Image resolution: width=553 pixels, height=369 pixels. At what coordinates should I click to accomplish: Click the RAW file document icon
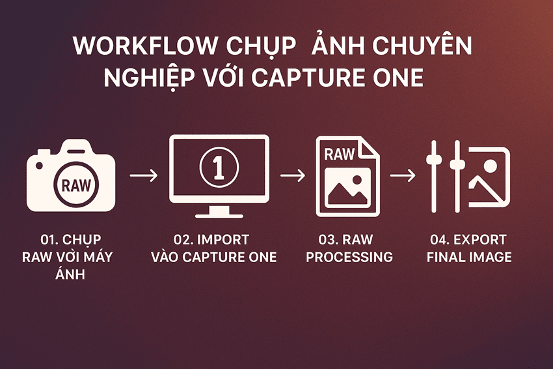pos(347,176)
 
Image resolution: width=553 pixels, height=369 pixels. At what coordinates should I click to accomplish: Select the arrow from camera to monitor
pos(144,176)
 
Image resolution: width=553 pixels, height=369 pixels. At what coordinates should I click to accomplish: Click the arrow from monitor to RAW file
pos(292,176)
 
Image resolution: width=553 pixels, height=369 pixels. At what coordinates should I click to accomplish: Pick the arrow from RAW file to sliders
pos(403,176)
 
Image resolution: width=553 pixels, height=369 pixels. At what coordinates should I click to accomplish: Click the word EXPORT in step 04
pos(487,239)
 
